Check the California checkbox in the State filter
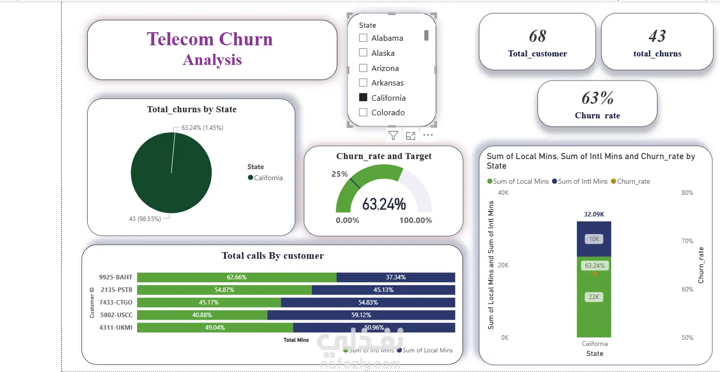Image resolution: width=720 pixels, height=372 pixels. click(x=363, y=97)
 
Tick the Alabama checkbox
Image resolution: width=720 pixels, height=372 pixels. click(x=363, y=38)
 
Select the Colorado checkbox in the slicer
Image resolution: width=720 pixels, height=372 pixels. click(x=363, y=112)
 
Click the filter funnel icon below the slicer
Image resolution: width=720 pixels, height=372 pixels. click(x=393, y=135)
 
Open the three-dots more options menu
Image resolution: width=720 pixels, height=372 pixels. click(x=428, y=135)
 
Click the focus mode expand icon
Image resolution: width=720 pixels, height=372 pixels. click(x=411, y=136)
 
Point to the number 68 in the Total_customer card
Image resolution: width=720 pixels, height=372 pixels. click(x=538, y=36)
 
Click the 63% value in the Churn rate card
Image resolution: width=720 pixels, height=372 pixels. click(x=598, y=98)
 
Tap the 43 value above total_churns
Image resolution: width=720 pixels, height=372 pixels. click(x=657, y=36)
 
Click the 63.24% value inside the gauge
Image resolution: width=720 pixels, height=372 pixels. click(x=384, y=204)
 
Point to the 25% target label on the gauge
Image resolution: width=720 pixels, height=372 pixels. click(x=340, y=174)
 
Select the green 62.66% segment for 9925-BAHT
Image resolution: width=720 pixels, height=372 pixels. click(x=237, y=277)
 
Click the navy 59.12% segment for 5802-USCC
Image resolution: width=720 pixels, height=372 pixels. click(x=361, y=315)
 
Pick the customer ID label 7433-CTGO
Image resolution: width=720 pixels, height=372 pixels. click(x=116, y=303)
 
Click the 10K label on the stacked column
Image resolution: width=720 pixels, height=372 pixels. click(x=594, y=239)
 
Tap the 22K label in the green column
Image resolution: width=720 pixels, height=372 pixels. click(x=594, y=297)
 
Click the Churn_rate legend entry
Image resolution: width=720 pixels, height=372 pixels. click(x=630, y=182)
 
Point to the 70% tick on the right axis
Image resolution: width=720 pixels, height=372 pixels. click(x=687, y=241)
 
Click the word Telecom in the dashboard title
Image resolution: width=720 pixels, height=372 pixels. click(x=180, y=39)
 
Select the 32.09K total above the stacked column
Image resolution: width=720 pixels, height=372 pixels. click(x=594, y=214)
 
